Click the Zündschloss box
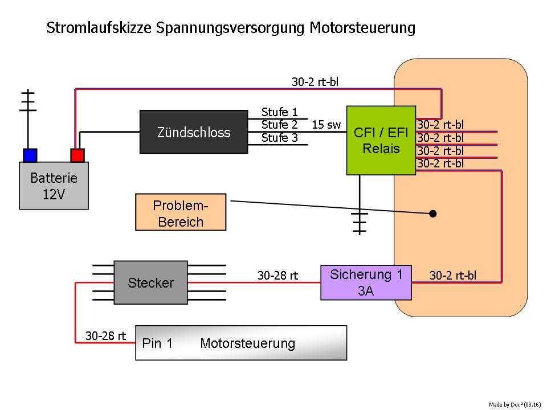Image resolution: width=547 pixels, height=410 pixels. (194, 132)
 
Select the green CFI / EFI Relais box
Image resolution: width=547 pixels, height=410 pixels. (381, 140)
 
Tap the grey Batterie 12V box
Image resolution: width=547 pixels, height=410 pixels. (54, 186)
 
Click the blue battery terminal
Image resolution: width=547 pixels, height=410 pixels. (30, 155)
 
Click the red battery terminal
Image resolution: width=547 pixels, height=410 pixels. (77, 155)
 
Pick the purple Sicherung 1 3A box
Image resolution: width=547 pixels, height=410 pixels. (366, 282)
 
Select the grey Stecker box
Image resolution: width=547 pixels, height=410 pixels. (150, 282)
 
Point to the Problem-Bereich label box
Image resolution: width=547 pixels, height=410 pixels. (181, 212)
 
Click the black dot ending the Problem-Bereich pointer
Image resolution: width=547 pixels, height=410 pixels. (433, 214)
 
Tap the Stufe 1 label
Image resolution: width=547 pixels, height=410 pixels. (279, 112)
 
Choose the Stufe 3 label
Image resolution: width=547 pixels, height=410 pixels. (279, 138)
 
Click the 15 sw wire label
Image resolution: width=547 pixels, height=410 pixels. (326, 125)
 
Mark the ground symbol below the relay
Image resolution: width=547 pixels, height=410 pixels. (359, 222)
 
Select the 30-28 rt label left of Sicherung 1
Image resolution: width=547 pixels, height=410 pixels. (277, 276)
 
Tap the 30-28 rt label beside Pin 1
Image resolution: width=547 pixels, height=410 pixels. (105, 336)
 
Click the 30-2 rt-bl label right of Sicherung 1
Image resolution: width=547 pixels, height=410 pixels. (453, 276)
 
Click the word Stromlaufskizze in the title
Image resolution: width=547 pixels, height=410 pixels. (97, 28)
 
